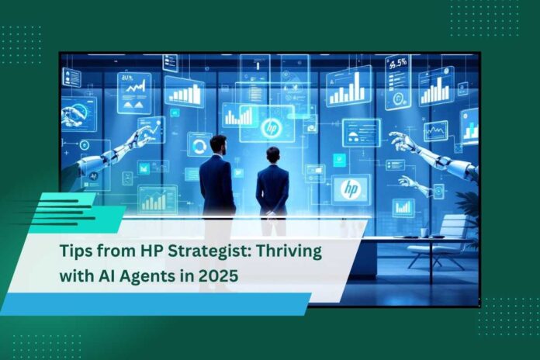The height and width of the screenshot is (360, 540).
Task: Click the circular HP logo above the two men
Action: pyautogui.click(x=271, y=128)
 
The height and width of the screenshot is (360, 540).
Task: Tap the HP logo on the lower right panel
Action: pyautogui.click(x=351, y=189)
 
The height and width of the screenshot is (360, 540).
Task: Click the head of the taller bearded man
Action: pyautogui.click(x=219, y=144)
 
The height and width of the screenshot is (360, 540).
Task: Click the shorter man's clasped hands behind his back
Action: pyautogui.click(x=272, y=213)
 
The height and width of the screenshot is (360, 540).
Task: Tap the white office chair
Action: pyautogui.click(x=437, y=241)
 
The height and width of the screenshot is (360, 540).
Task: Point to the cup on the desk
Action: pyautogui.click(x=424, y=233)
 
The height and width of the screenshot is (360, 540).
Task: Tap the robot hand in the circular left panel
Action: pyautogui.click(x=71, y=115)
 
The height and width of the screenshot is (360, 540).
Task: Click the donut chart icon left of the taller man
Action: pyautogui.click(x=199, y=147)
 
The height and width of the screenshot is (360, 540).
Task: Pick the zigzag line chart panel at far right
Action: pyautogui.click(x=436, y=131)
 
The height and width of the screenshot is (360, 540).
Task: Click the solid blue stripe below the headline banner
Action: pyautogui.click(x=155, y=304)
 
